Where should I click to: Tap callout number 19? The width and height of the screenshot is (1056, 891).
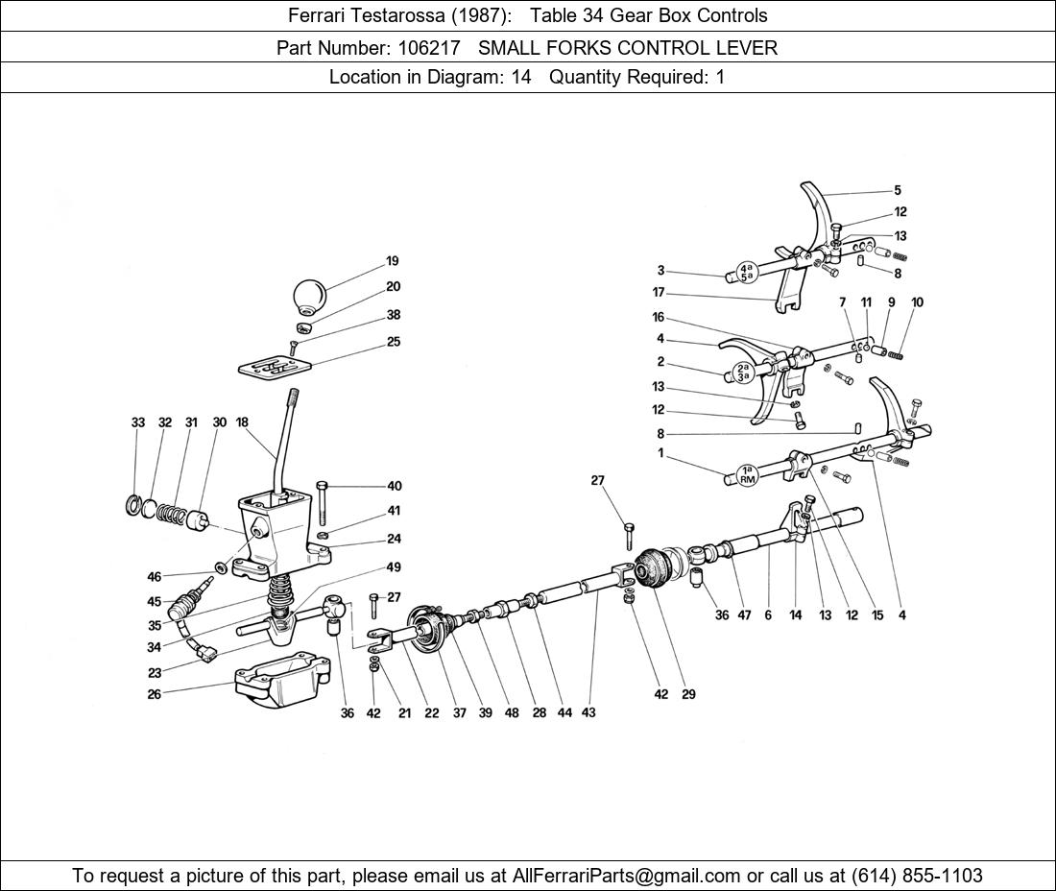(393, 261)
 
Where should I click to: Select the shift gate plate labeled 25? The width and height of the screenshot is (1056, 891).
(275, 368)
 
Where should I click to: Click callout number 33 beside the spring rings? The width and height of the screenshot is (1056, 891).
(138, 422)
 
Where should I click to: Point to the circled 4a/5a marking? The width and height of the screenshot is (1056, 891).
(747, 272)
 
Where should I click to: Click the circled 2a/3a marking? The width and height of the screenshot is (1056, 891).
(742, 372)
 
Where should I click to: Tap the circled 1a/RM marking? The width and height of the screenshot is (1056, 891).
(748, 473)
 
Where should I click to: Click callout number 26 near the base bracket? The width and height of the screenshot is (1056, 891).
(154, 694)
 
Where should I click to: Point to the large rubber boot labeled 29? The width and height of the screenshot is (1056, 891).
(658, 571)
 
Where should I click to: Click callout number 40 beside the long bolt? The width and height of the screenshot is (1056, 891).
(395, 487)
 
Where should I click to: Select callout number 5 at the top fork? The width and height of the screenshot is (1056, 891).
(898, 191)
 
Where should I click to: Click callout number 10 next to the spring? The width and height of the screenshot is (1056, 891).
(917, 302)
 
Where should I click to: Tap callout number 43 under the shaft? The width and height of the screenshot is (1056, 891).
(588, 712)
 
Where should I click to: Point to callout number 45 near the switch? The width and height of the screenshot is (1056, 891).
(154, 602)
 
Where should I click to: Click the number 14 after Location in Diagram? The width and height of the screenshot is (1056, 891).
(521, 77)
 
